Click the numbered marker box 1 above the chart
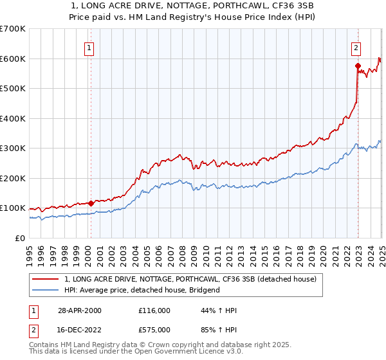(90, 47)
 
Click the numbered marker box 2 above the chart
(356, 47)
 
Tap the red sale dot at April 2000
(91, 203)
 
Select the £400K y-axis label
(13, 118)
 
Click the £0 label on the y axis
(21, 238)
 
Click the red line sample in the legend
(45, 279)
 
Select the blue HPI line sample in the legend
(45, 290)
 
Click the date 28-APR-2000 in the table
(79, 310)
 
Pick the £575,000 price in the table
(155, 328)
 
